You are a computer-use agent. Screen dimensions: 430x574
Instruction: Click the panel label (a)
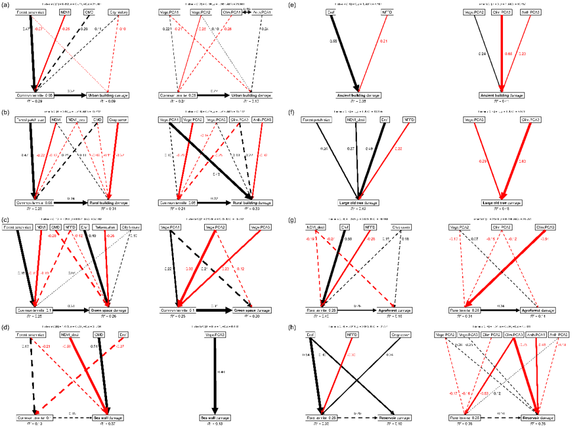(5, 5)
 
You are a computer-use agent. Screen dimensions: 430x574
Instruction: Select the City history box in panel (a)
(121, 12)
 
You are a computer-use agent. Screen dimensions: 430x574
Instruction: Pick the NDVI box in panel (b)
(57, 118)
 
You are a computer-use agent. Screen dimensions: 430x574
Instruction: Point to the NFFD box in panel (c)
(71, 226)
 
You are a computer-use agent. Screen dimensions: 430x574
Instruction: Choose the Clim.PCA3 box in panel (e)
(502, 12)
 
